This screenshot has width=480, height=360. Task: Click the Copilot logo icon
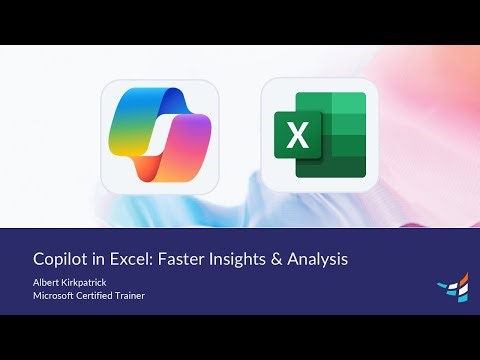(160, 135)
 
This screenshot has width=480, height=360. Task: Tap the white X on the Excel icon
(297, 135)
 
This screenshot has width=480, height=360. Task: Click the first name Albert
(48, 282)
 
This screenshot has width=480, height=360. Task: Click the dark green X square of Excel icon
(297, 135)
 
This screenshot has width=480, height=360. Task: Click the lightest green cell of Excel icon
(347, 104)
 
